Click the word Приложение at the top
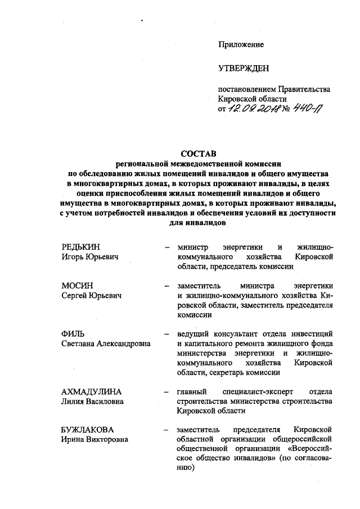point(241,44)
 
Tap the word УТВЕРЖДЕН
point(244,69)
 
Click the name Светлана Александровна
point(106,344)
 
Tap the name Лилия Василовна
point(93,401)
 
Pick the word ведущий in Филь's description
point(195,334)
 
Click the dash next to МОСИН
point(167,286)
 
